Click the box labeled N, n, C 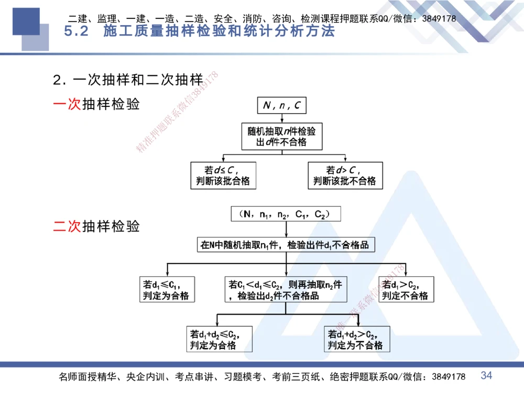point(282,106)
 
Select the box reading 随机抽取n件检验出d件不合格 point(282,136)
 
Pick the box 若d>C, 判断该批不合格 point(345,176)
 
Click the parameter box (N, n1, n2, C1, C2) point(286,214)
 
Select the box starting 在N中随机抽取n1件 point(286,245)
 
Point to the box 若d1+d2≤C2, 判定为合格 point(220,339)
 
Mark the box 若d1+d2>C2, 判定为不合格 point(356,339)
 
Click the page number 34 point(487,375)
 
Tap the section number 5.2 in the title point(78,31)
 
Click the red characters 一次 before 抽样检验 point(67,104)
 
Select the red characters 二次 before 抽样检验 point(67,226)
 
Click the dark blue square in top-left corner point(26,21)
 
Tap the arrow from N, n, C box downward point(282,118)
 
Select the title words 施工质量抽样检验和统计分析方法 point(219,31)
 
